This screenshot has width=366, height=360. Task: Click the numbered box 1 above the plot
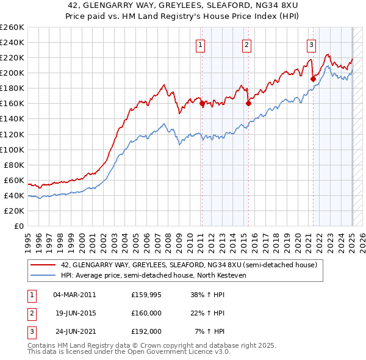(201, 43)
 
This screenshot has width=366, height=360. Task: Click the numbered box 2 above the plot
(246, 43)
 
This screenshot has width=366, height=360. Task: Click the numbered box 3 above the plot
(311, 43)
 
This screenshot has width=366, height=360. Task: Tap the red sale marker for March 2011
(202, 104)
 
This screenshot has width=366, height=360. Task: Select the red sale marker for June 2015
(248, 104)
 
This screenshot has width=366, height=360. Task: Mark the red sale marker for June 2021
(313, 79)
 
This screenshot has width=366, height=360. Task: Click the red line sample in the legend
(43, 265)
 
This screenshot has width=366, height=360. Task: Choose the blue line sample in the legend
(43, 276)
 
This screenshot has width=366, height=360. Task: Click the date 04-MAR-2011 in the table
(74, 295)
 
